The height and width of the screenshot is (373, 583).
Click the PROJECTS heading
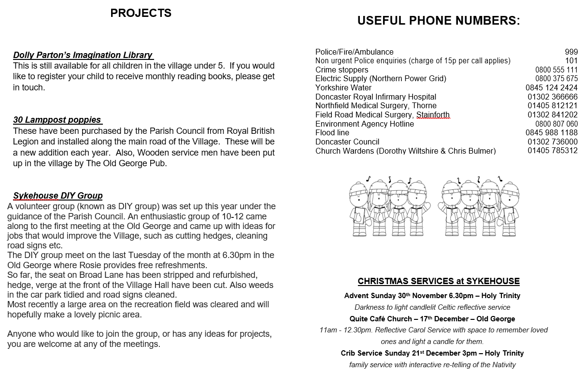pos(141,14)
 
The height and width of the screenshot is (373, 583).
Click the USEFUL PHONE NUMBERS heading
pos(439,21)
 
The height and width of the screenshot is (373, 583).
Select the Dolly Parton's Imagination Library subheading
pos(83,55)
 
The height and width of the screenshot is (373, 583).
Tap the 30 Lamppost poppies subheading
pos(57,120)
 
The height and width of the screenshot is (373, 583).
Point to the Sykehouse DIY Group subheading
pos(58,196)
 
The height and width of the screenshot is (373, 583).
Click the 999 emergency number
pos(571,52)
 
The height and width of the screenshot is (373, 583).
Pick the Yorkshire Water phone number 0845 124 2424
pos(551,88)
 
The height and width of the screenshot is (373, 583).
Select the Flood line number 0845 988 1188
pos(551,133)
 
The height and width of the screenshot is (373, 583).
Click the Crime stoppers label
pos(341,70)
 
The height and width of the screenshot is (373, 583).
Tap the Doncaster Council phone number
pos(552,142)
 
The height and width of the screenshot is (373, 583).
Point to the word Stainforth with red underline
pos(433,115)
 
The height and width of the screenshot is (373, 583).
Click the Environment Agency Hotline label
pos(364,124)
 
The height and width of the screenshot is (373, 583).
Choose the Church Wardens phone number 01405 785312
pos(552,151)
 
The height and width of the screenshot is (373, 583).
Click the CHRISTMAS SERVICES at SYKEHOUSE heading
pos(439,281)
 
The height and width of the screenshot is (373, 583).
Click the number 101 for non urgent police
pos(571,61)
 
